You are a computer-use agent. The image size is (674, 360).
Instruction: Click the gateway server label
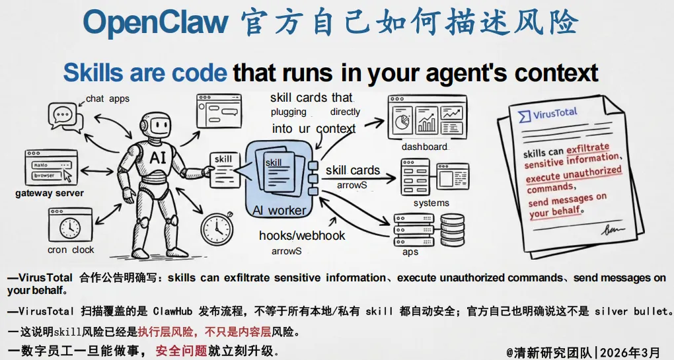(x=50, y=194)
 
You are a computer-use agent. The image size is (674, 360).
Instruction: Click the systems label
(x=431, y=203)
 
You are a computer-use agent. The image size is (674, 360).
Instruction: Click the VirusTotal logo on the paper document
(x=548, y=114)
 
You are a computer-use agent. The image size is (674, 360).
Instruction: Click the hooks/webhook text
(x=301, y=235)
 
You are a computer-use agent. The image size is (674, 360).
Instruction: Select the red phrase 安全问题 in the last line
(x=181, y=351)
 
